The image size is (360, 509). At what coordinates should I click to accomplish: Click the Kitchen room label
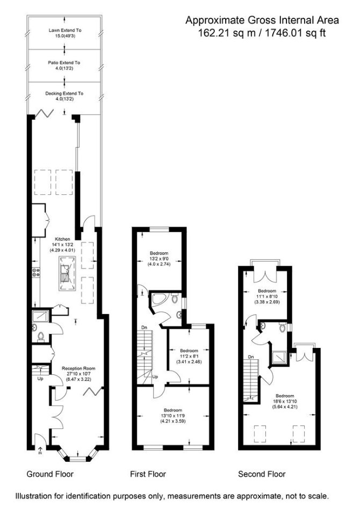click(62, 239)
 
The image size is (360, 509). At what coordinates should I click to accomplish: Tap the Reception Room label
click(78, 368)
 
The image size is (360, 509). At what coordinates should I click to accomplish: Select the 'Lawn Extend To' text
click(65, 30)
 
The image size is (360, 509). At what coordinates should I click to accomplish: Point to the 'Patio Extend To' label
click(64, 63)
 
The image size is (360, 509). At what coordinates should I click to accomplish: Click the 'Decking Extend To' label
click(64, 93)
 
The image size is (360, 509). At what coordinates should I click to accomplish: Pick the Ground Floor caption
click(50, 474)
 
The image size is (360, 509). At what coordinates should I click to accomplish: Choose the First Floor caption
click(148, 474)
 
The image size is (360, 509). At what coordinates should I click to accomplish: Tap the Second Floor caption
click(262, 474)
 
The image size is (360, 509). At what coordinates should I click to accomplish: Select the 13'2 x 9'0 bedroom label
click(159, 258)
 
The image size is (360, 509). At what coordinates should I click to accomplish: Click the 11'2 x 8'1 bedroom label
click(189, 356)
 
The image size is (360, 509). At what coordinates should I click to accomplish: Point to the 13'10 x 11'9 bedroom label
click(173, 416)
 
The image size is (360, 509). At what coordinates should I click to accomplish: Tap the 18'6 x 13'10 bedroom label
click(285, 401)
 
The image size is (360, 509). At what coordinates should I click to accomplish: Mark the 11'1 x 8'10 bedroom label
click(267, 296)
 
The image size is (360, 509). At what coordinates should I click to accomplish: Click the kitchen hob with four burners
click(36, 272)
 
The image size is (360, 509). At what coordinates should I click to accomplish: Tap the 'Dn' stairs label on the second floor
click(251, 357)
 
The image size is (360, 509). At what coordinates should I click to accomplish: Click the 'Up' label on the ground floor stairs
click(40, 379)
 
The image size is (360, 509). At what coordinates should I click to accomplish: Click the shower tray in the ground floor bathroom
click(41, 316)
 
